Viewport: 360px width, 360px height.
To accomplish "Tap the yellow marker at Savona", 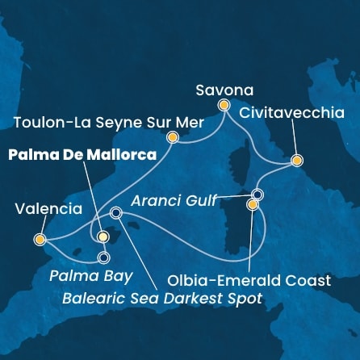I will (x=224, y=105).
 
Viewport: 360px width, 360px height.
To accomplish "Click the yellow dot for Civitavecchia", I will (x=297, y=161).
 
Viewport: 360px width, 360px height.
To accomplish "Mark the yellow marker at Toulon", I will (x=172, y=138).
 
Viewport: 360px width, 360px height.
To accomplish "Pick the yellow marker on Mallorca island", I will (x=103, y=237).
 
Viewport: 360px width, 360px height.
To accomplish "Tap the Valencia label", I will (x=48, y=209).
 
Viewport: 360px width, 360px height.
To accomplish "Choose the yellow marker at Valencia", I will (x=40, y=239).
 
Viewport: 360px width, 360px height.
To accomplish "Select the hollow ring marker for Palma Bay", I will (x=103, y=258).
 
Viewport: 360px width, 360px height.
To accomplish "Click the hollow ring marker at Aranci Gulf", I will (x=257, y=195).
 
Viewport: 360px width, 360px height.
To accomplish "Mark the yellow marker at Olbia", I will (x=253, y=206).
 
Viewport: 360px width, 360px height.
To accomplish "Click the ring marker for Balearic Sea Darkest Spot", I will (x=115, y=213).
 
